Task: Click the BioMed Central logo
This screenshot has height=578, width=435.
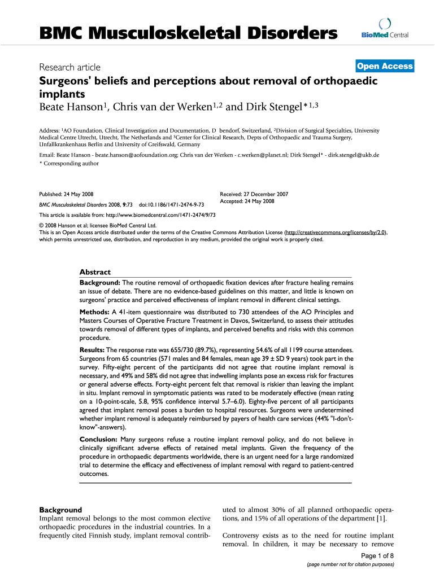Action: point(381,30)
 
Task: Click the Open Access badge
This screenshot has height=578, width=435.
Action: point(385,67)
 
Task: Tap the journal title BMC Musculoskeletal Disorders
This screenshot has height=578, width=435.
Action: point(188,34)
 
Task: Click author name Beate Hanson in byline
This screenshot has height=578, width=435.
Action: point(73,107)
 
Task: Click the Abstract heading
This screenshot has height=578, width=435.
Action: point(95,272)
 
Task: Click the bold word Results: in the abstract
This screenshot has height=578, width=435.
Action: point(93,351)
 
